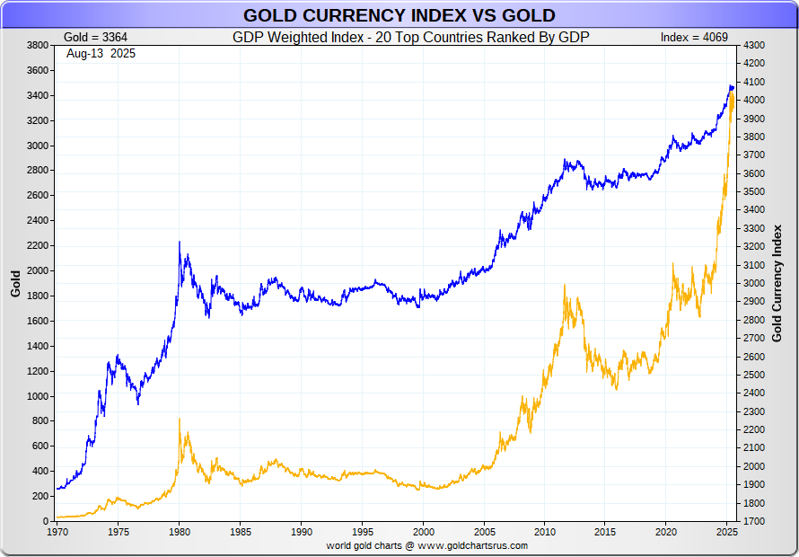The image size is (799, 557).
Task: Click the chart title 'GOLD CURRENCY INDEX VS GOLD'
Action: coord(399,15)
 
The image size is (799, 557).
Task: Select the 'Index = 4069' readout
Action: coord(694,38)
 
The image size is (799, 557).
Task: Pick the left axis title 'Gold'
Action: coord(15,283)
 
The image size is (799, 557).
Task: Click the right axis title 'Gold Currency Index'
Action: coord(777,283)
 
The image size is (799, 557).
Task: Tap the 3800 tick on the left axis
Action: coord(37,45)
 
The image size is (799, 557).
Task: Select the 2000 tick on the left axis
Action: coord(37,270)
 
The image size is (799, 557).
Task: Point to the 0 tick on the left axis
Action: coord(44,521)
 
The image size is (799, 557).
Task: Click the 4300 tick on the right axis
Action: coord(753,45)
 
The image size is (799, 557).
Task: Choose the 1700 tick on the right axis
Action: coord(753,521)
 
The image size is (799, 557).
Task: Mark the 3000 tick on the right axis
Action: coord(753,283)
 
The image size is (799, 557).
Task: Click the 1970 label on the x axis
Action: coord(57,531)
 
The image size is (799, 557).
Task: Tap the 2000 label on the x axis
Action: coord(423,531)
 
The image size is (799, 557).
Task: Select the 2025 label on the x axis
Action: coord(727,531)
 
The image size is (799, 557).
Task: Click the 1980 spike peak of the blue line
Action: coord(179,242)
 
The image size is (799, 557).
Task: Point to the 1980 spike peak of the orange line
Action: coord(179,419)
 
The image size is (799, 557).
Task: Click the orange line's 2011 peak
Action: coord(564,286)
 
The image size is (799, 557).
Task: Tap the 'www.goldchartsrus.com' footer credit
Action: coord(472,545)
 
